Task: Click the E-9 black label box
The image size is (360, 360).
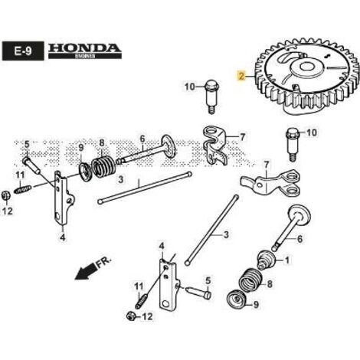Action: pyautogui.click(x=21, y=51)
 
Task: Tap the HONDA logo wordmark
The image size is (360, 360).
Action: pyautogui.click(x=85, y=48)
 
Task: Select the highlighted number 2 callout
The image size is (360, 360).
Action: pyautogui.click(x=241, y=76)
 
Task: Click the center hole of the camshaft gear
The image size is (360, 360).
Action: pyautogui.click(x=306, y=67)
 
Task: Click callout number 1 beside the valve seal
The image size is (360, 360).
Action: pyautogui.click(x=287, y=260)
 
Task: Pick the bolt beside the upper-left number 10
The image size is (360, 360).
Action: pyautogui.click(x=211, y=97)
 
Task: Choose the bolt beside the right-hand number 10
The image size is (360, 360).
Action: pyautogui.click(x=293, y=144)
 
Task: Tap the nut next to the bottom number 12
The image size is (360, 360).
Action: pyautogui.click(x=131, y=316)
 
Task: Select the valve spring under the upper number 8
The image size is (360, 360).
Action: pyautogui.click(x=103, y=167)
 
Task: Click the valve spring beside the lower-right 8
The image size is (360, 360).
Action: pyautogui.click(x=250, y=281)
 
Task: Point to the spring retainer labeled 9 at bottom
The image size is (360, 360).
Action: pyautogui.click(x=237, y=299)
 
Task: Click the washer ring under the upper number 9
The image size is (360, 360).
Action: pyautogui.click(x=85, y=172)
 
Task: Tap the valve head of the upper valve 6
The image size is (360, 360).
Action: pyautogui.click(x=168, y=146)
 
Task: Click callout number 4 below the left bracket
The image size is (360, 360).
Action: pyautogui.click(x=63, y=238)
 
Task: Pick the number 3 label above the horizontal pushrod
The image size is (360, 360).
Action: pyautogui.click(x=121, y=179)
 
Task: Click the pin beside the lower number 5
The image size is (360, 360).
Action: pyautogui.click(x=198, y=293)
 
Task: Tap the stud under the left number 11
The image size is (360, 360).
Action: pyautogui.click(x=23, y=189)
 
